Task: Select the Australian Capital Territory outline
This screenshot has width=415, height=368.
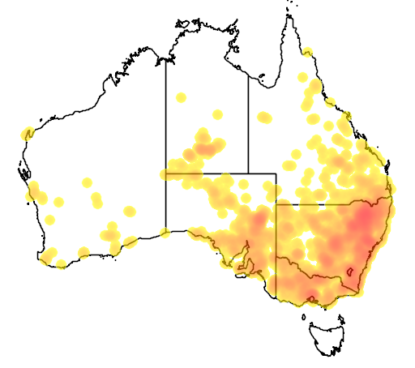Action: (x=351, y=273)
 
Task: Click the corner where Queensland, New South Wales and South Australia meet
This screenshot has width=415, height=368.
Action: (x=276, y=204)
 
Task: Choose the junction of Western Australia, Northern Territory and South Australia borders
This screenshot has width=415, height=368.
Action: (x=166, y=173)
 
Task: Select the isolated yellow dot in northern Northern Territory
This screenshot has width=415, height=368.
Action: (x=181, y=97)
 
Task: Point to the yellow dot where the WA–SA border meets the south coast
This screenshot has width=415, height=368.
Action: (x=166, y=233)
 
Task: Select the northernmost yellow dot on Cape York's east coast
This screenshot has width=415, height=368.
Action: (x=308, y=53)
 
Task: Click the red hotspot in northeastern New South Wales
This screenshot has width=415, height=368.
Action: (x=370, y=216)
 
